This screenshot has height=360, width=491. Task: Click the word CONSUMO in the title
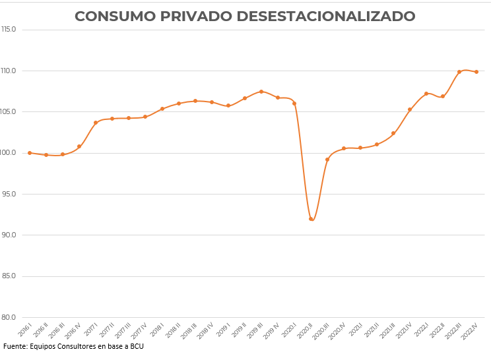112,16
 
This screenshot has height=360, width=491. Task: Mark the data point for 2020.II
311,219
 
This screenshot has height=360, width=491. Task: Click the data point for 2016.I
30,153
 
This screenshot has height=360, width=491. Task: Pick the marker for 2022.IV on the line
476,72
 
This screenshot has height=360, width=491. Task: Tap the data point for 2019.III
261,92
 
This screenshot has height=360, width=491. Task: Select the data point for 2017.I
96,123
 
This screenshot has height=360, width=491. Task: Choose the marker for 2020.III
327,160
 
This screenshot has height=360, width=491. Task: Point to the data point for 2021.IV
410,109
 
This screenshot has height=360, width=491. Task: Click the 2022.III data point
459,72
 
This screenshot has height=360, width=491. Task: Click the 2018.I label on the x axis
157,330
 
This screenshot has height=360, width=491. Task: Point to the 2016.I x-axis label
25,330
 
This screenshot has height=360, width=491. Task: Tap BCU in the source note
136,346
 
